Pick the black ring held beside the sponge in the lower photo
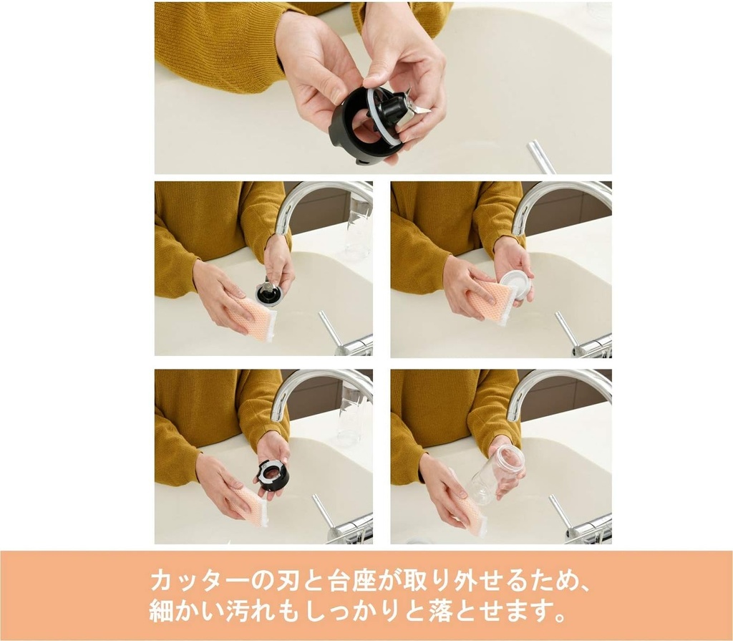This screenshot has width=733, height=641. click(273, 475)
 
